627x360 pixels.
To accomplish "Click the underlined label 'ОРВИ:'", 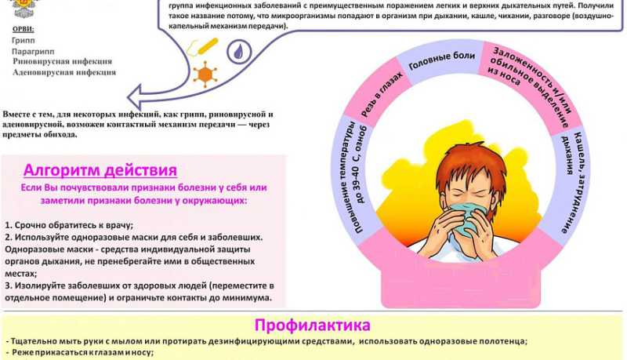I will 24,28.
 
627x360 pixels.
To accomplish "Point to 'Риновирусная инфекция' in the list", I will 62,61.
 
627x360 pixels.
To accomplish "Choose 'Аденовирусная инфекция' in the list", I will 64,72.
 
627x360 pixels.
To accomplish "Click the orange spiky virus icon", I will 206,75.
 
